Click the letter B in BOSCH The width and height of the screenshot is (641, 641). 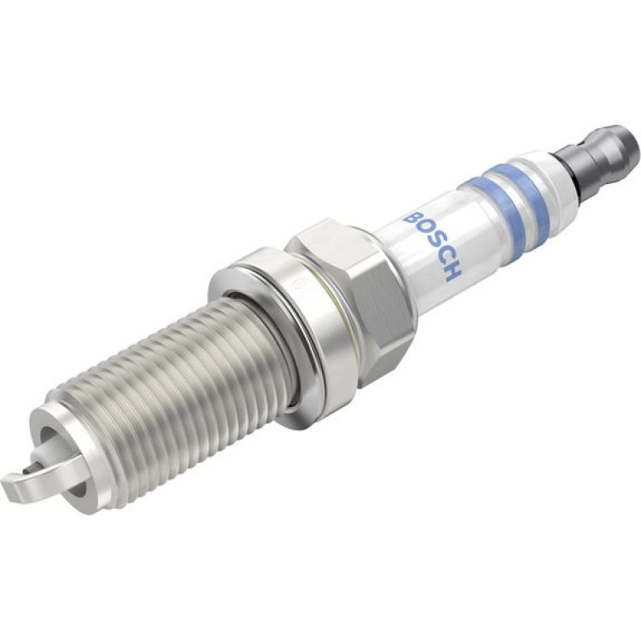[411, 219]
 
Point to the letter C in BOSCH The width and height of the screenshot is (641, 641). [442, 257]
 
